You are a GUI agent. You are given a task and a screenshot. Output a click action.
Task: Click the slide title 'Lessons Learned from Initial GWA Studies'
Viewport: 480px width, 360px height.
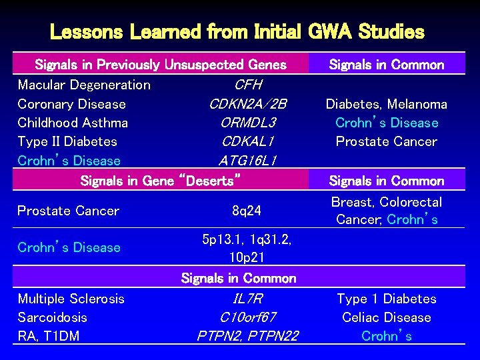[237, 31]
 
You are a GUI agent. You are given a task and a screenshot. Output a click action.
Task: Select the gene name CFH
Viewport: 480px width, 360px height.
[248, 85]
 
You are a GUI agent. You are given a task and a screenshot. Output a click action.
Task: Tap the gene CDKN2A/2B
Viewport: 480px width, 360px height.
[248, 104]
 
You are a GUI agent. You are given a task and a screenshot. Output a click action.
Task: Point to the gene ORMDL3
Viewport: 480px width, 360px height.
[248, 123]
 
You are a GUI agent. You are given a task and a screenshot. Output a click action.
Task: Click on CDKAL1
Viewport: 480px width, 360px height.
[248, 141]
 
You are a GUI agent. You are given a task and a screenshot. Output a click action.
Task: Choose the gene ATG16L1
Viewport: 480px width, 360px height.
[248, 161]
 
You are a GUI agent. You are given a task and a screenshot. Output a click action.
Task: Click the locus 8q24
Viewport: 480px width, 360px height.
[247, 211]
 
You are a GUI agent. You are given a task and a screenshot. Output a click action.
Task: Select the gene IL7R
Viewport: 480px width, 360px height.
[247, 299]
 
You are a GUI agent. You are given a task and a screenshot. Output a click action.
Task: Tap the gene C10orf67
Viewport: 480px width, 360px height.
[247, 317]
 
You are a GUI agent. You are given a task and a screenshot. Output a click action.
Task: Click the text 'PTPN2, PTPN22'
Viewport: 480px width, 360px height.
[247, 336]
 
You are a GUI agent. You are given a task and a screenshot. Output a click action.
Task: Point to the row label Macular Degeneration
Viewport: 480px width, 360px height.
[84, 85]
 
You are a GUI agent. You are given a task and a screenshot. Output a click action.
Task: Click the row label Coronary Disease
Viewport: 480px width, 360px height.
[71, 104]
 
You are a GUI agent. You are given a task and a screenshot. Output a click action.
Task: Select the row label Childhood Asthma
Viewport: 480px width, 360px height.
[73, 123]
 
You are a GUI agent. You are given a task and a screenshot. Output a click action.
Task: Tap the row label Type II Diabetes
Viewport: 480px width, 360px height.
[67, 141]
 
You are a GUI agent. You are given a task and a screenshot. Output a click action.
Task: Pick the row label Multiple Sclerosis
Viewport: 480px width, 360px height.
[71, 299]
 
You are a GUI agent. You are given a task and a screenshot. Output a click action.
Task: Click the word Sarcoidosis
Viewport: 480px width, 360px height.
[52, 317]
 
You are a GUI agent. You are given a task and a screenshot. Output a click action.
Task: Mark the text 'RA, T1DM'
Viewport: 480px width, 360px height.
[48, 336]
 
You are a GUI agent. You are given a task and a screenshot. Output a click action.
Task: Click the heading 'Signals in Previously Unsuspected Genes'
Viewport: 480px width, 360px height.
[160, 65]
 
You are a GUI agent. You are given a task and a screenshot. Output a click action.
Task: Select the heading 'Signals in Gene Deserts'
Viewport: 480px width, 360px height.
[160, 180]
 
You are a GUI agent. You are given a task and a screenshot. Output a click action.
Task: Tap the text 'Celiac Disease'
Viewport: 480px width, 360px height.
[387, 317]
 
